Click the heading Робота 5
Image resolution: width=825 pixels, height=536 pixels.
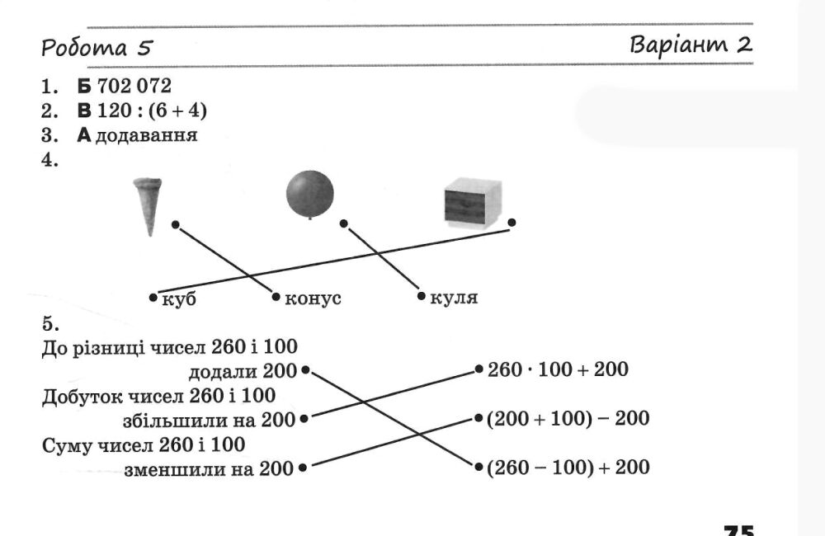tap(97, 48)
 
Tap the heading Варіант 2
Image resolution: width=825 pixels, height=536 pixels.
tap(691, 45)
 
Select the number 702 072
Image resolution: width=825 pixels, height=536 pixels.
tap(134, 86)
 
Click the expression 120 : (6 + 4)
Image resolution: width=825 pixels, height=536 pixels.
tap(152, 110)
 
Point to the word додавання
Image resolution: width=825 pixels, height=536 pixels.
tap(147, 136)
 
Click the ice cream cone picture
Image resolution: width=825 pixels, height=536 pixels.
tap(148, 207)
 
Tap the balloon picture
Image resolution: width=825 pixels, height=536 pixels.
tap(310, 194)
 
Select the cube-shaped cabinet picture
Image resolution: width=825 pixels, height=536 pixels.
tap(473, 203)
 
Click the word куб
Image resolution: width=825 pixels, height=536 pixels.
tap(179, 299)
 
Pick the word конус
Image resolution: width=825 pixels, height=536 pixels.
tap(313, 299)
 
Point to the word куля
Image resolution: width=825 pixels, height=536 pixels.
tap(454, 299)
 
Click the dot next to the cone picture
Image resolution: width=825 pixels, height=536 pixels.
tap(176, 225)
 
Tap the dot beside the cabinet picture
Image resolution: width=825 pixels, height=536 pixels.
tap(512, 223)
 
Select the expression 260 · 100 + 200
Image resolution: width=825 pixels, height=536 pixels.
tap(558, 369)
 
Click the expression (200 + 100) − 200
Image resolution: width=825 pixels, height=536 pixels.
tap(568, 419)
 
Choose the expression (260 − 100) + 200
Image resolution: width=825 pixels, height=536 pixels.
tap(568, 467)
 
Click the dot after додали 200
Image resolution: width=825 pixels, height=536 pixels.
tap(306, 369)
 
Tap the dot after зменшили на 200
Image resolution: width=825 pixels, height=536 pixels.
tap(303, 467)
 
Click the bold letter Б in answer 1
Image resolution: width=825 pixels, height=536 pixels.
tap(84, 87)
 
